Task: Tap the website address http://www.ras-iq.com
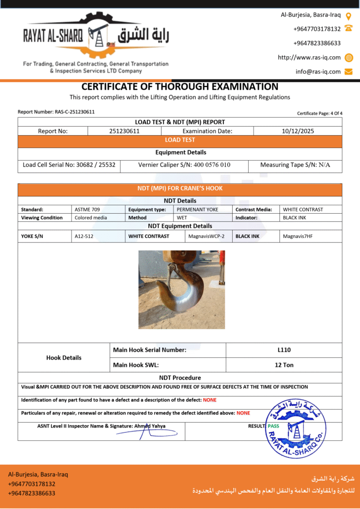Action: [309, 57]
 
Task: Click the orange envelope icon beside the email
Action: [349, 72]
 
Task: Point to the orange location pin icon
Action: [349, 15]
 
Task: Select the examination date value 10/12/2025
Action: [297, 131]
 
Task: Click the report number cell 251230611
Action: [124, 131]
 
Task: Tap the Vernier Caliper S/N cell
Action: [184, 165]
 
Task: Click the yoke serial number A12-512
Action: [84, 236]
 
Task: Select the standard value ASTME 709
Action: [88, 209]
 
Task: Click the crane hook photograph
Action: [181, 289]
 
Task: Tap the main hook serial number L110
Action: [284, 350]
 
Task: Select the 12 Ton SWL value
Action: [284, 365]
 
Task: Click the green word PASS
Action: [273, 426]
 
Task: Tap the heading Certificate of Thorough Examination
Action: [180, 86]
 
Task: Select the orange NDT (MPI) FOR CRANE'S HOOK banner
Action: [180, 189]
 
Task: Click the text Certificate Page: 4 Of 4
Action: [320, 113]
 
